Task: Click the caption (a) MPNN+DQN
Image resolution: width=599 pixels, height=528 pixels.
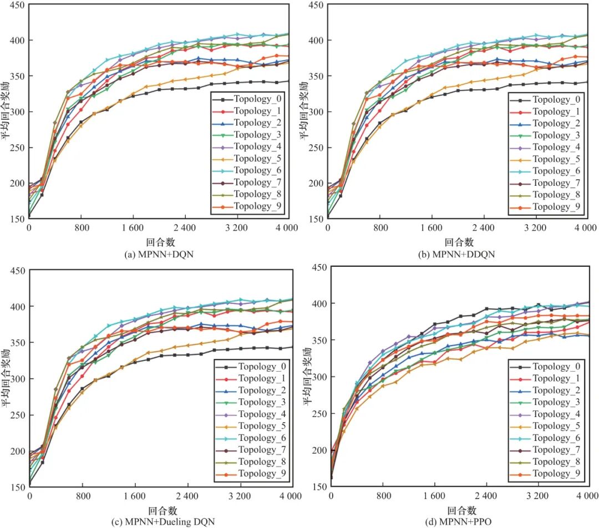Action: pyautogui.click(x=159, y=255)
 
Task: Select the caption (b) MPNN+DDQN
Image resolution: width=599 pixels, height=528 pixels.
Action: pyautogui.click(x=456, y=255)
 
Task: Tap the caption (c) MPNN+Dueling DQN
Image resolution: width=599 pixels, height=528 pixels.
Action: pyautogui.click(x=163, y=521)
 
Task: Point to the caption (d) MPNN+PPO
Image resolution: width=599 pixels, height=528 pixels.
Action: pyautogui.click(x=458, y=521)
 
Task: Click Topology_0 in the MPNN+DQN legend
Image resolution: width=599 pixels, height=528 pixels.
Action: pyautogui.click(x=257, y=99)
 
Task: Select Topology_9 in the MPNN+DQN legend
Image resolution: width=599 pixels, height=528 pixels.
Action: pyautogui.click(x=257, y=206)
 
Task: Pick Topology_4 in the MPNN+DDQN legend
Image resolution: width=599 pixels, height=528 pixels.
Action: pyautogui.click(x=556, y=147)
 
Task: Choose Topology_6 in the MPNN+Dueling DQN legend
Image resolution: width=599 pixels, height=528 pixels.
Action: pyautogui.click(x=262, y=438)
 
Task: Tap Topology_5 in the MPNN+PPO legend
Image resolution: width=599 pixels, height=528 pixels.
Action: pyautogui.click(x=556, y=426)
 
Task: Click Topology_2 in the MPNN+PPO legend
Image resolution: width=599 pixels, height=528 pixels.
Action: pyautogui.click(x=556, y=390)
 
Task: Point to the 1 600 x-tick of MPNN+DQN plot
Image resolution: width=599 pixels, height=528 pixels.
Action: pyautogui.click(x=133, y=228)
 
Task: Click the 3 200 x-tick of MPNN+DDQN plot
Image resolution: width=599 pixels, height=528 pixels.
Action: pyautogui.click(x=535, y=228)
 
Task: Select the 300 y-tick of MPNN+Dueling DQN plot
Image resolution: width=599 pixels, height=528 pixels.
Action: pyautogui.click(x=18, y=379)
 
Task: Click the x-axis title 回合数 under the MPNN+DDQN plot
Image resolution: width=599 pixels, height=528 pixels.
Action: pyautogui.click(x=459, y=242)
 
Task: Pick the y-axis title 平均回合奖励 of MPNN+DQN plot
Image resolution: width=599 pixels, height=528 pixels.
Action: pyautogui.click(x=6, y=111)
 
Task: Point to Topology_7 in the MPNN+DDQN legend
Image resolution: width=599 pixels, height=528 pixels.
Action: pyautogui.click(x=556, y=183)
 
